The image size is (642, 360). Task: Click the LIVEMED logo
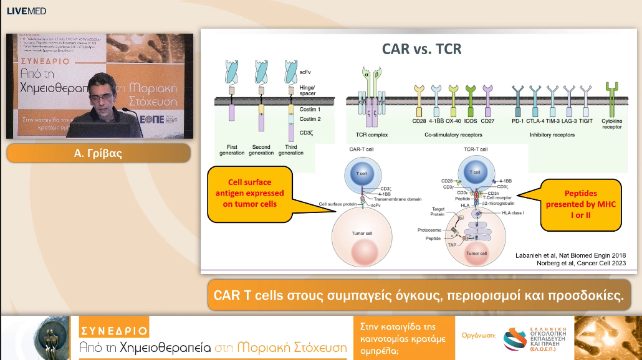pos(26,11)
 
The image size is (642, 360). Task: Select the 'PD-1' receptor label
pos(517,121)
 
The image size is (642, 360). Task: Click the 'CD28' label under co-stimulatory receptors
pos(419,121)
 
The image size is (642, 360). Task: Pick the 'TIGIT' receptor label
pos(585,121)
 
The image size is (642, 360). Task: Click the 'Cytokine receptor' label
pos(612,124)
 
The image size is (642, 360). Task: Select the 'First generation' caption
pos(232,150)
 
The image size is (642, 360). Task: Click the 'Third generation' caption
pos(290,150)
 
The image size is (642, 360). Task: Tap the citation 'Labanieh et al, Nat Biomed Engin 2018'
pos(570,255)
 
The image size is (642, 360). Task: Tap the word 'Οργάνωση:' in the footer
pos(478,335)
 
